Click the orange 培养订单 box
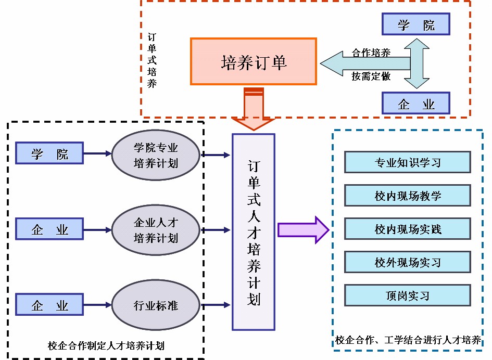[254, 61]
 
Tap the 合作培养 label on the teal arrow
[371, 53]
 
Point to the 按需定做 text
[371, 76]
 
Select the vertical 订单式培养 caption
[152, 61]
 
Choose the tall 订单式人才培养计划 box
[254, 232]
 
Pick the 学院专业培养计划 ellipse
[156, 155]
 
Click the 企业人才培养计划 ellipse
[156, 230]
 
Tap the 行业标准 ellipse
[156, 304]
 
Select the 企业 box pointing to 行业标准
[49, 305]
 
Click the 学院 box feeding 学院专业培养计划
[49, 154]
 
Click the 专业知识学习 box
[408, 162]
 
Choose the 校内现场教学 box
[408, 196]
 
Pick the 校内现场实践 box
[408, 229]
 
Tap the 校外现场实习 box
[408, 262]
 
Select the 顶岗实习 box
[408, 295]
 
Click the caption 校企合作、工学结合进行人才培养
[408, 341]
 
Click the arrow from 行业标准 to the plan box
[216, 304]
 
